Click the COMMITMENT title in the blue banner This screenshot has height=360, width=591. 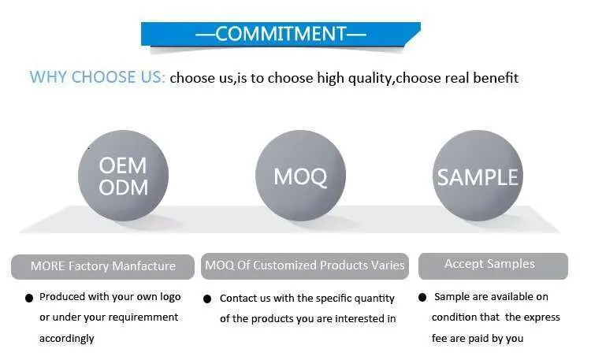[x=281, y=34]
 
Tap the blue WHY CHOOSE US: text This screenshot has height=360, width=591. [x=97, y=77]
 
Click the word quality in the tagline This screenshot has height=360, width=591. [x=370, y=79]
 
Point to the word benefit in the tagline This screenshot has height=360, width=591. [x=496, y=78]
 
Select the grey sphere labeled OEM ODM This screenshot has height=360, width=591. [x=123, y=176]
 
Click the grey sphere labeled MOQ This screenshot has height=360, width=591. [x=300, y=176]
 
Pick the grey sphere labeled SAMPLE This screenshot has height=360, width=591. [x=478, y=176]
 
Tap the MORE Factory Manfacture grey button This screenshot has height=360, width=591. [x=102, y=266]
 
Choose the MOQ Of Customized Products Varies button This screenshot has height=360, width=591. [x=304, y=266]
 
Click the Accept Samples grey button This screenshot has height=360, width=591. [x=493, y=266]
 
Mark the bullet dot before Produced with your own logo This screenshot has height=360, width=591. [x=29, y=299]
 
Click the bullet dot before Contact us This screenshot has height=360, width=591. [x=207, y=299]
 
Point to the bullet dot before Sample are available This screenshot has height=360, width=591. [x=422, y=298]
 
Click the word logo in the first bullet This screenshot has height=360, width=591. [x=170, y=297]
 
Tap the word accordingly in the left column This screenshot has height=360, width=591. [x=67, y=339]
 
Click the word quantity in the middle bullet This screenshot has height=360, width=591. [x=374, y=299]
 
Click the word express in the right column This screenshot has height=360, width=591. [x=541, y=317]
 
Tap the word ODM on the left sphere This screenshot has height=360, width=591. [x=123, y=187]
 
